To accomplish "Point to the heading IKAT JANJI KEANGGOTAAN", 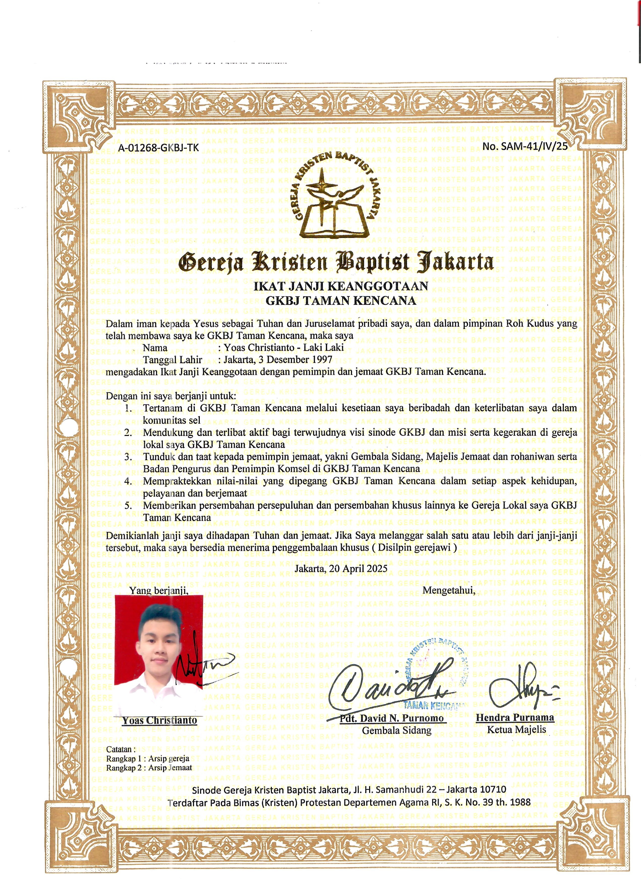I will point(341,286).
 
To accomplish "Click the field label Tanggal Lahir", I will point(172,359).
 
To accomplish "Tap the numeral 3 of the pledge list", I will point(129,457).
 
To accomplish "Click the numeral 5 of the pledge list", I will point(129,505).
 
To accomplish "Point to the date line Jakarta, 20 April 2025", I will point(341,569).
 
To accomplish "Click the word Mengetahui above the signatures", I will point(449,590).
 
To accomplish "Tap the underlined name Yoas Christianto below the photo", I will point(159,720).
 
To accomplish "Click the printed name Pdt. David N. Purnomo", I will point(392,718).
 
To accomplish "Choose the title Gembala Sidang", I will point(397,730).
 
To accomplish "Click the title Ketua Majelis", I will point(517,730).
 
